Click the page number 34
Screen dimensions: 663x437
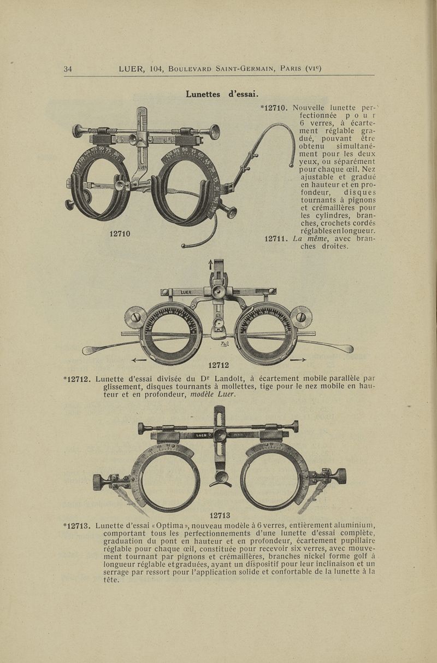pyautogui.click(x=68, y=69)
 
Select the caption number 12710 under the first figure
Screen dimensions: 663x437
pyautogui.click(x=120, y=234)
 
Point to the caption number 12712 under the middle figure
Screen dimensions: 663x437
pyautogui.click(x=218, y=365)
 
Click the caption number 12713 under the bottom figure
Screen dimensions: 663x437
pyautogui.click(x=220, y=514)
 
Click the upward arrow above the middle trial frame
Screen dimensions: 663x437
pyautogui.click(x=210, y=265)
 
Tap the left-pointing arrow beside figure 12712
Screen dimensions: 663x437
pyautogui.click(x=140, y=360)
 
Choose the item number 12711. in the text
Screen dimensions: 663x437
pyautogui.click(x=276, y=238)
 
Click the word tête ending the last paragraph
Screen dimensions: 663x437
pyautogui.click(x=112, y=580)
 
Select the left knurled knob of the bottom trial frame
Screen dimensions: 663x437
pyautogui.click(x=98, y=482)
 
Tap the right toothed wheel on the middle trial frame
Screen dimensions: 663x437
pyautogui.click(x=300, y=317)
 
